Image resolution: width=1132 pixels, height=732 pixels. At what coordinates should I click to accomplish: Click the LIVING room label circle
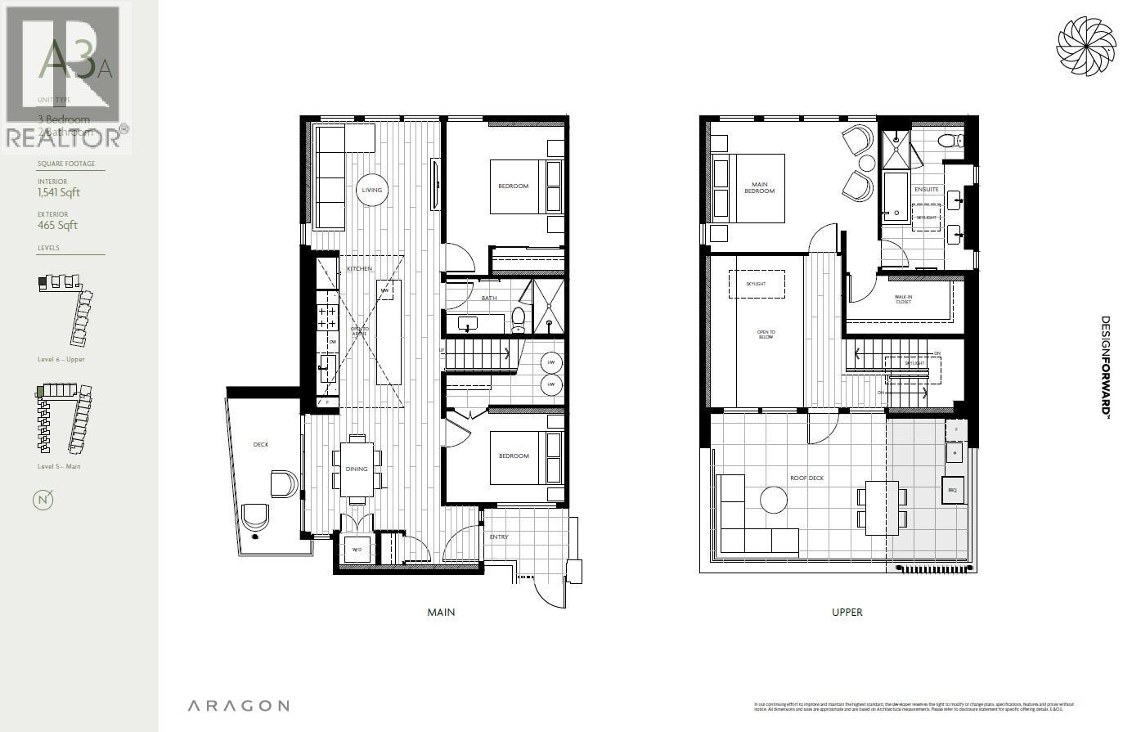(x=372, y=190)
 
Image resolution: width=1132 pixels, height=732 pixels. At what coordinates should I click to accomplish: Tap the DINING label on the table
(x=357, y=469)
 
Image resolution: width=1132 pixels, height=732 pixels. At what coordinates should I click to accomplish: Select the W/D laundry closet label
(x=357, y=550)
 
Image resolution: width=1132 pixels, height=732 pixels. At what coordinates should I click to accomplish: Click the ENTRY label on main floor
(x=499, y=537)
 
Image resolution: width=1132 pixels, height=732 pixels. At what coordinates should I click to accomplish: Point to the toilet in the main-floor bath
(x=518, y=318)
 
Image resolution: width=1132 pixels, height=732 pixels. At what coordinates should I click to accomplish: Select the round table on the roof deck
(x=773, y=500)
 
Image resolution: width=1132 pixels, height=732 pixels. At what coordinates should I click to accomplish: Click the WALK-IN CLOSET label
(x=903, y=299)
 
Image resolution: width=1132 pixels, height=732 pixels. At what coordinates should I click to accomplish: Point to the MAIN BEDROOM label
(x=759, y=187)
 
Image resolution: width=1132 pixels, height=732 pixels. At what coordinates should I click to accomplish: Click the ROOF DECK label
(x=806, y=478)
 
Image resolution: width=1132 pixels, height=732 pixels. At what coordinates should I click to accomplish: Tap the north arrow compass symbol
(x=43, y=500)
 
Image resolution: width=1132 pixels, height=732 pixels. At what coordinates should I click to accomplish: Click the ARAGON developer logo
(x=237, y=706)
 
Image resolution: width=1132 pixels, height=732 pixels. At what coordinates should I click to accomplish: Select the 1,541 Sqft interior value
(x=58, y=193)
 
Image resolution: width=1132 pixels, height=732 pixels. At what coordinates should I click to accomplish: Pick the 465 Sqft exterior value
(x=57, y=226)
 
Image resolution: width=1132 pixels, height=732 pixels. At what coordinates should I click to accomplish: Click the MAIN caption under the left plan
(x=441, y=612)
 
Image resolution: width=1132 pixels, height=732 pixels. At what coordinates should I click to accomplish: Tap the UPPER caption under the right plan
(x=847, y=612)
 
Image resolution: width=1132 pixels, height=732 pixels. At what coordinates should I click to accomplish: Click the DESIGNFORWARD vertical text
(x=1105, y=367)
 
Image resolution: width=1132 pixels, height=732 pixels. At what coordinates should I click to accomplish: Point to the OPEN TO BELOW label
(x=766, y=335)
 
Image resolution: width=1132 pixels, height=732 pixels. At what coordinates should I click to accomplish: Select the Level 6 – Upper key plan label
(x=61, y=360)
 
